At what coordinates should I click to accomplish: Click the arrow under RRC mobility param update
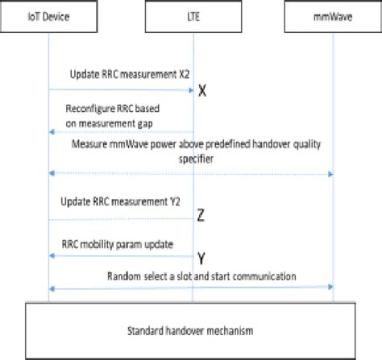click(x=121, y=255)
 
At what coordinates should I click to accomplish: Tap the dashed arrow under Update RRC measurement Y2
click(x=121, y=219)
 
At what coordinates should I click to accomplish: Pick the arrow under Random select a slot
click(x=191, y=288)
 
